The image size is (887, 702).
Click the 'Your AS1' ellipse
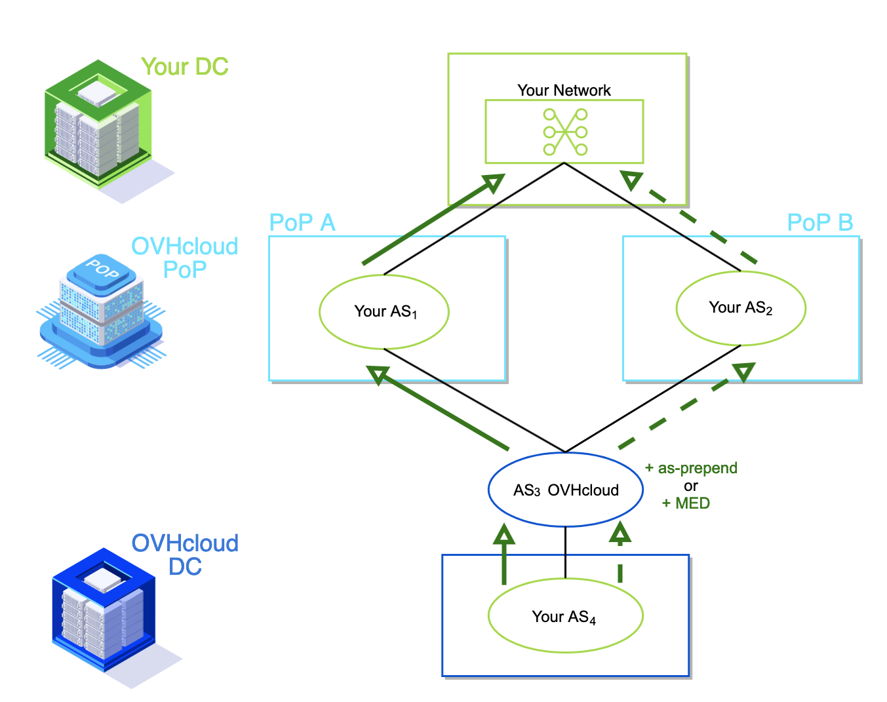coord(384,312)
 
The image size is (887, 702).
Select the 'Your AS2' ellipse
coord(741,308)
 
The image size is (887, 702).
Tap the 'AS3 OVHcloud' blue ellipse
coord(565,490)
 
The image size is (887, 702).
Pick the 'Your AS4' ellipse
coord(565,616)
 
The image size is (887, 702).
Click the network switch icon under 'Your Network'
coord(565,132)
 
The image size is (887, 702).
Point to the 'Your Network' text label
coord(564,90)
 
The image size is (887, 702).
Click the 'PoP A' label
coord(302,223)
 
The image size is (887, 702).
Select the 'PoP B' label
coord(819,223)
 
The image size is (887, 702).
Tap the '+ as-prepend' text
coord(691,468)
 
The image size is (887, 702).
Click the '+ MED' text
coord(686,503)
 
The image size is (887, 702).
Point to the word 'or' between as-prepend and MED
coord(690,486)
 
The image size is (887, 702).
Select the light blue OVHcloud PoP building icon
coord(102,308)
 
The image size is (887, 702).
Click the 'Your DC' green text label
coord(185,67)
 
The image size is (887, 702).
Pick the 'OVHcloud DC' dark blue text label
coord(185,555)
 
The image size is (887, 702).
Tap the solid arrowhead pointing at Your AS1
coord(378,375)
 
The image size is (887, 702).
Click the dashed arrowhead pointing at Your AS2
coord(743,372)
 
